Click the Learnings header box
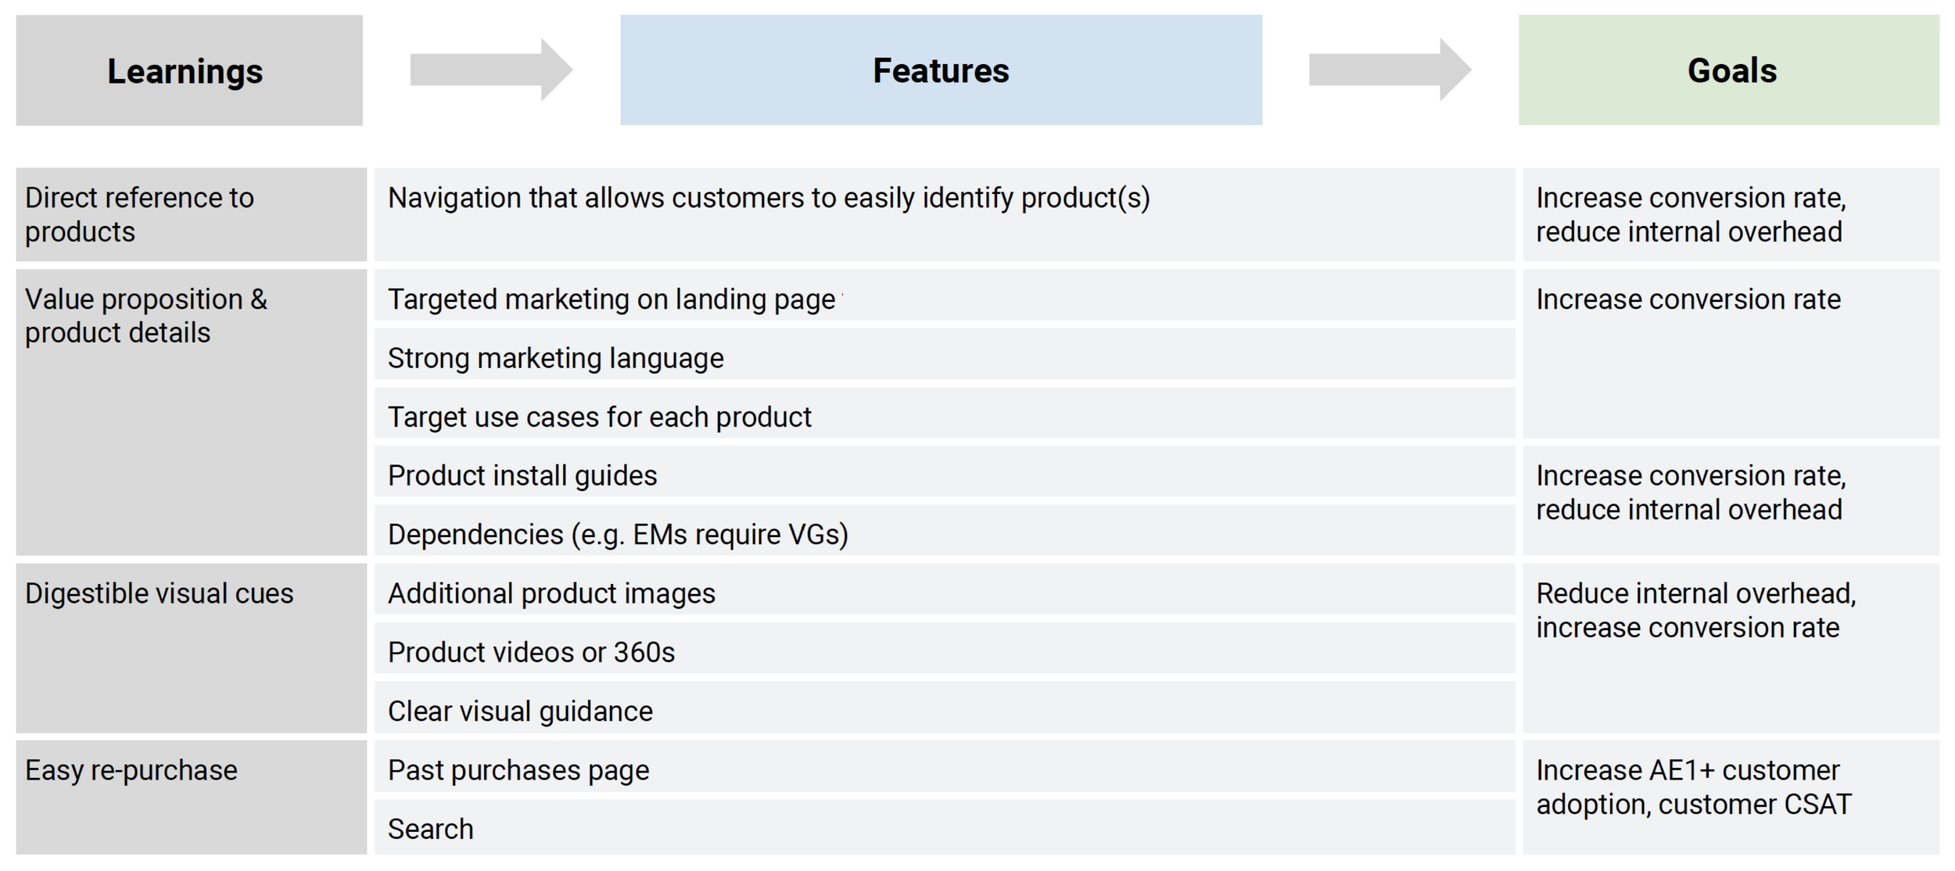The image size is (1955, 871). tap(188, 70)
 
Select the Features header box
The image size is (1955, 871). tap(941, 70)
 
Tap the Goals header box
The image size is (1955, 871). tap(1728, 70)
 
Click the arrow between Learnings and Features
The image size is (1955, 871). tap(491, 70)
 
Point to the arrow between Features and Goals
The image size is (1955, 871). tap(1390, 70)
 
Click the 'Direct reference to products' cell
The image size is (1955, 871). tap(139, 214)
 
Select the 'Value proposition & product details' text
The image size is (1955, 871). tap(146, 316)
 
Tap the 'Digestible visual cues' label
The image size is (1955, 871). tap(159, 593)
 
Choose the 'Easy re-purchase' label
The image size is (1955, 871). tap(131, 770)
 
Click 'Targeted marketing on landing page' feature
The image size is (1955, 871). tap(612, 299)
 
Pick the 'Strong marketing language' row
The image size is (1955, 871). tap(555, 358)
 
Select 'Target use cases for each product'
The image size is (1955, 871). tap(599, 417)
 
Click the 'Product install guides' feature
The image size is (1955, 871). tap(522, 475)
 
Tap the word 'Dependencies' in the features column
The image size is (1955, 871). tap(475, 535)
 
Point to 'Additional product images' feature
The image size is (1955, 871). tap(551, 593)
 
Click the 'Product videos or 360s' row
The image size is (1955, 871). tap(531, 652)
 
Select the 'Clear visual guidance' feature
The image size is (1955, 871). tap(520, 711)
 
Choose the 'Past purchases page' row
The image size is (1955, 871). tap(518, 770)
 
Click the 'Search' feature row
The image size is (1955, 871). tap(431, 829)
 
